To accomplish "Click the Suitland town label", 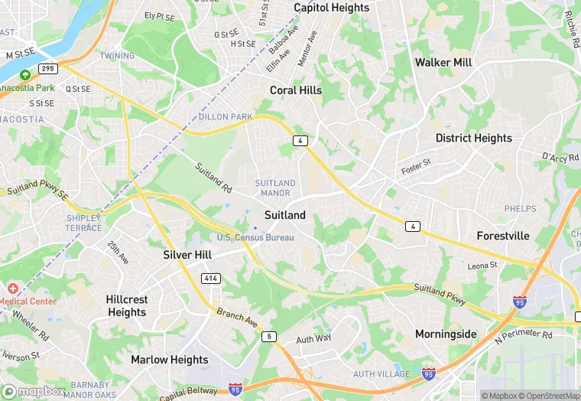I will [x=284, y=216].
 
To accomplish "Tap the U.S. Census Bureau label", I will [x=255, y=238].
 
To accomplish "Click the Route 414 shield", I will [x=211, y=277].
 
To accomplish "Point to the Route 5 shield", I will [x=268, y=337].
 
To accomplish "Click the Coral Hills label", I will [x=296, y=90].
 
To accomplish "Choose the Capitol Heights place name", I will [x=331, y=8].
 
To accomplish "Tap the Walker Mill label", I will [x=443, y=62].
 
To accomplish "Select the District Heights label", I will [x=474, y=139].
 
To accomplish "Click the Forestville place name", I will [x=503, y=236].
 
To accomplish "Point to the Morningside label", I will [x=446, y=334].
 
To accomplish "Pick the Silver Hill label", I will [x=187, y=255].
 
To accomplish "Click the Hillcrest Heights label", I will [x=127, y=306].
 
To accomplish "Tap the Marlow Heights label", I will [x=169, y=360].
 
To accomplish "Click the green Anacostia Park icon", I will [x=25, y=75].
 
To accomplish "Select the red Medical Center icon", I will [x=12, y=289].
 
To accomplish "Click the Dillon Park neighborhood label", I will [x=226, y=117].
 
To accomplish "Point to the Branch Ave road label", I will [x=237, y=318].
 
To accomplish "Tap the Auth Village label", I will [x=381, y=374].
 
